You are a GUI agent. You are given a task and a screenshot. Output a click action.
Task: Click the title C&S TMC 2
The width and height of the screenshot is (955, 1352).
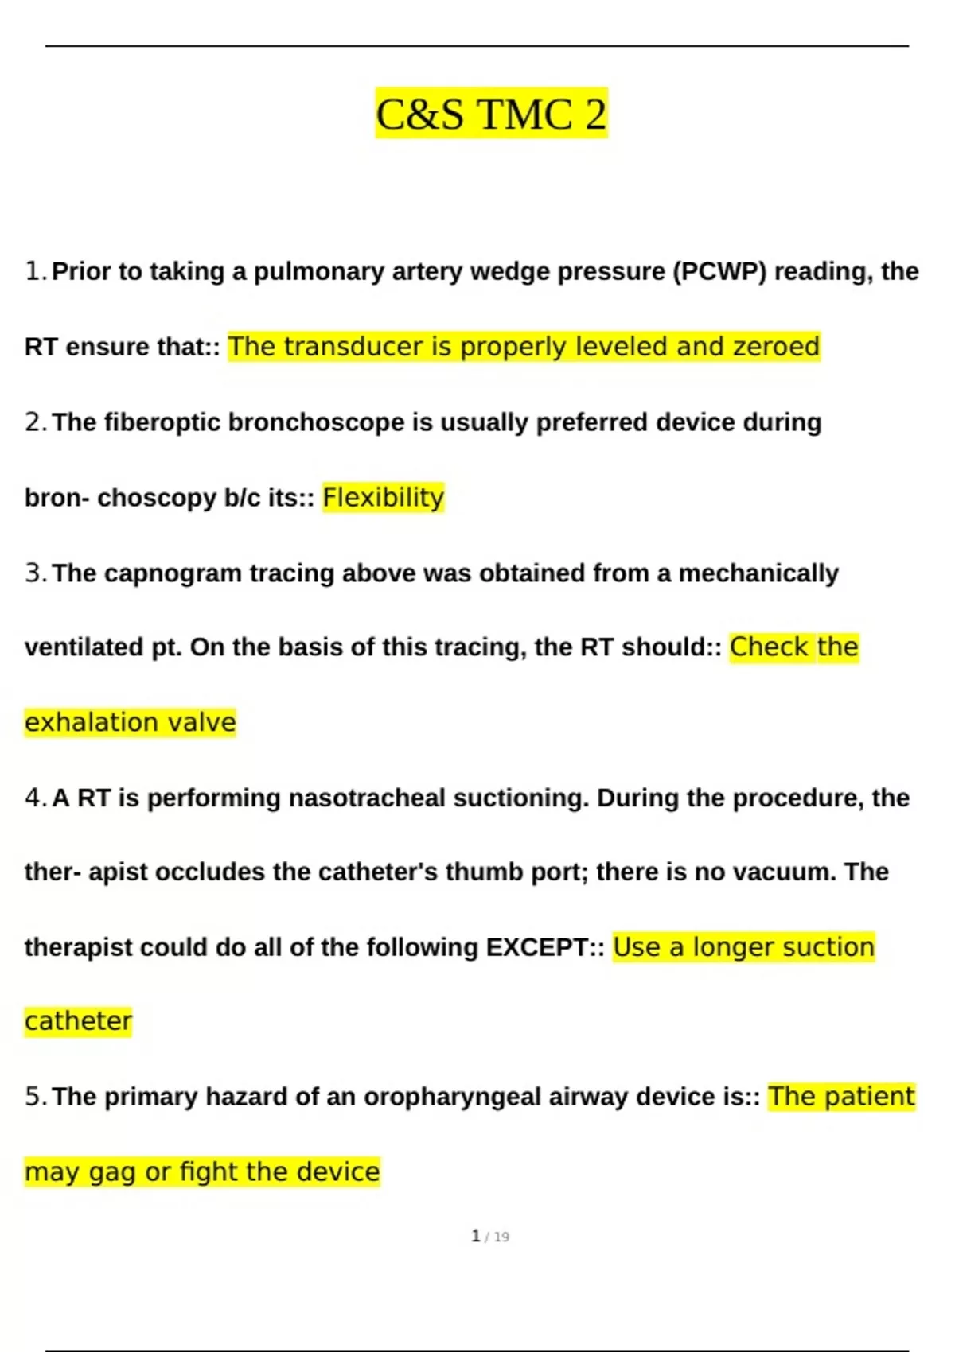click(491, 114)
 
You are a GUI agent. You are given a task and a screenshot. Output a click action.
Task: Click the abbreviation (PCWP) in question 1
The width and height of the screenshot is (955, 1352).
click(720, 272)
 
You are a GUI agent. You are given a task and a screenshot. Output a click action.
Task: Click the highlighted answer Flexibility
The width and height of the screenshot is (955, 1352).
click(383, 498)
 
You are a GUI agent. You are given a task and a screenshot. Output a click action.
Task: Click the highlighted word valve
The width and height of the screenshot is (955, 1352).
click(206, 722)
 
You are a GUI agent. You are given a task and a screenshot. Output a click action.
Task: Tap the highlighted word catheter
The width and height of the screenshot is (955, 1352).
click(78, 1021)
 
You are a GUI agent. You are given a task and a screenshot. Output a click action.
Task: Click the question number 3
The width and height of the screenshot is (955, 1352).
click(35, 573)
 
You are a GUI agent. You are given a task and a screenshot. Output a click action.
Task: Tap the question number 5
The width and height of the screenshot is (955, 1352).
click(35, 1097)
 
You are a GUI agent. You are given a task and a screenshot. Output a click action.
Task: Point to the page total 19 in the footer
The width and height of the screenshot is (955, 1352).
click(501, 1237)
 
